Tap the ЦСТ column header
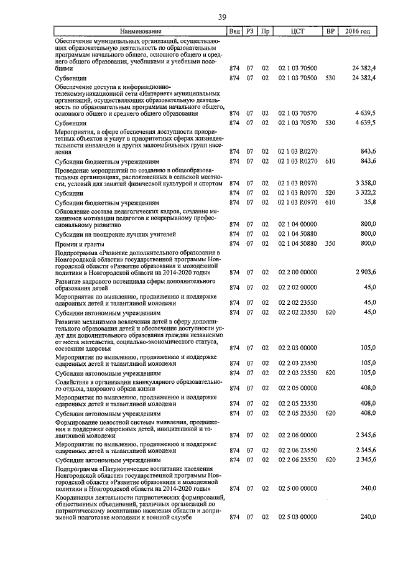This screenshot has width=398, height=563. coord(297,31)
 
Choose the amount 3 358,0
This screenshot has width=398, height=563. coord(364,183)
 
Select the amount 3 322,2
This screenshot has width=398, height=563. coord(364,193)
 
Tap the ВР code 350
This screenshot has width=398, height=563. coord(330,243)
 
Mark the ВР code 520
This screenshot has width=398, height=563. coord(330,193)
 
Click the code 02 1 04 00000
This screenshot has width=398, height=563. coord(297,224)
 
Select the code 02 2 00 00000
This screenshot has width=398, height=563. coord(297,272)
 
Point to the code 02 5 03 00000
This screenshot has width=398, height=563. coord(297,517)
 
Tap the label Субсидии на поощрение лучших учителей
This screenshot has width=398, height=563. coord(106,234)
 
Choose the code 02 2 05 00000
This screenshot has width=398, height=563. coord(297,388)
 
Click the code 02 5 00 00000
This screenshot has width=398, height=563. coord(297,488)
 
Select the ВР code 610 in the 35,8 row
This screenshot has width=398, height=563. coord(330,202)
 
